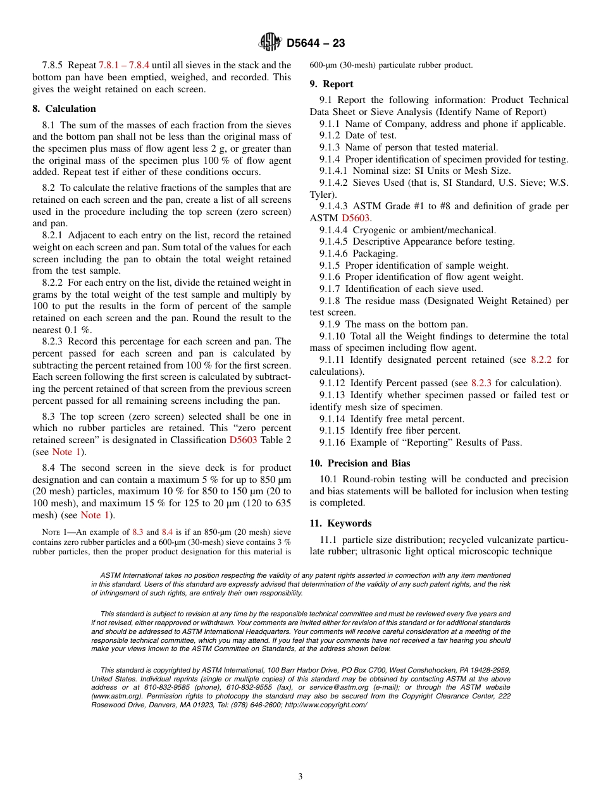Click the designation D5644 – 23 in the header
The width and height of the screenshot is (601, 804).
(316, 44)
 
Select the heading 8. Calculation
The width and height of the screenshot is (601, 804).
(64, 109)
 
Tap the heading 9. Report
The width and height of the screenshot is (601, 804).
(331, 84)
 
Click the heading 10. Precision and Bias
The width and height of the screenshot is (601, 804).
(359, 463)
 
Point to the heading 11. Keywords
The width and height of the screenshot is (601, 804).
(340, 523)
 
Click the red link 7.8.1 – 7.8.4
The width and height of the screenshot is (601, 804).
(124, 65)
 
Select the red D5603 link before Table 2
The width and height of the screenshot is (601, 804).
(243, 440)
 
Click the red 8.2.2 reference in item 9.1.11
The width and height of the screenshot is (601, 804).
(541, 360)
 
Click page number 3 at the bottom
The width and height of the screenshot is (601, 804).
(300, 777)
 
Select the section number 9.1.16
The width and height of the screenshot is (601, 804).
(333, 442)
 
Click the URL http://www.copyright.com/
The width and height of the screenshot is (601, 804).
(326, 705)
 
